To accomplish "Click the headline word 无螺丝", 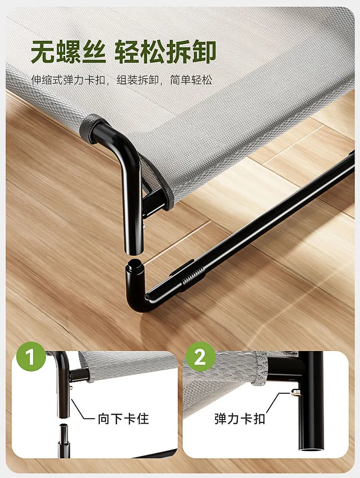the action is [x=68, y=52].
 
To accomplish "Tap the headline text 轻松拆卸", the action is [x=165, y=52].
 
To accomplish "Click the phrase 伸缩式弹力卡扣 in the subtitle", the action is [x=68, y=80].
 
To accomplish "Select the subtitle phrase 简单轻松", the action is [x=191, y=80].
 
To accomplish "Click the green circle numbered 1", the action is [x=31, y=356].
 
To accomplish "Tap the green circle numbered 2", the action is [x=200, y=356].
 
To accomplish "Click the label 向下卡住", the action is [x=123, y=419].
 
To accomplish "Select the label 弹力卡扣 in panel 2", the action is [x=239, y=419].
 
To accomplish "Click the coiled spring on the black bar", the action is [x=194, y=276].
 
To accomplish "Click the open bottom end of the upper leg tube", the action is [x=134, y=250].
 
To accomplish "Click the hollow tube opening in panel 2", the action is [x=310, y=450].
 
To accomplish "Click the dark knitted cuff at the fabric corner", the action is [x=89, y=129].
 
